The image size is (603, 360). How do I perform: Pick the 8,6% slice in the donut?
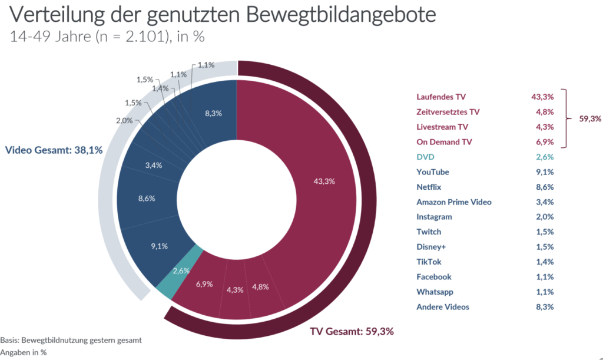147,199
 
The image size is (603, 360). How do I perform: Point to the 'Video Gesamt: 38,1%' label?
54,150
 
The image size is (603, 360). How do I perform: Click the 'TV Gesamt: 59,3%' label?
352,331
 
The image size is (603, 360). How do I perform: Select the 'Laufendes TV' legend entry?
440,97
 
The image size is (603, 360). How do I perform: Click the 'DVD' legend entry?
425,157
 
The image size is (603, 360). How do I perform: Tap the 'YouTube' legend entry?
433,172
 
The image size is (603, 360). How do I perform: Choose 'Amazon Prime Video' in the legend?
453,202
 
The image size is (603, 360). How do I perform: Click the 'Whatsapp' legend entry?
435,292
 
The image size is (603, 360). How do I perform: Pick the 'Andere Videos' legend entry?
443,307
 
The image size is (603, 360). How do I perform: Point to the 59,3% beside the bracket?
589,119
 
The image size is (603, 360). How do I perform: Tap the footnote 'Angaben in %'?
24,352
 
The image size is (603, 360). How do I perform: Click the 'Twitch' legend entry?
429,232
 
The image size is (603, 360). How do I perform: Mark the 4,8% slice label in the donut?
260,288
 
